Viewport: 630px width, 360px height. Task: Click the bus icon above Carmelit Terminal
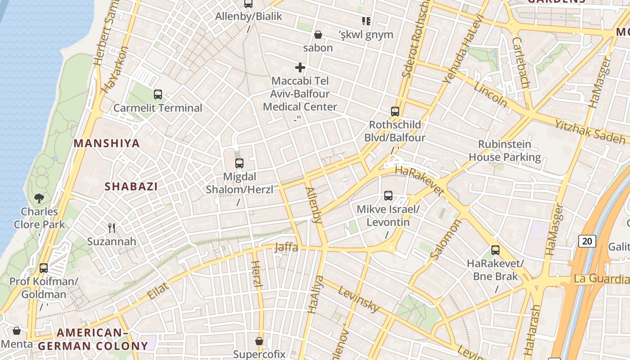157,94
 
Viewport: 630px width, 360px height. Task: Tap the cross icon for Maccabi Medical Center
300,68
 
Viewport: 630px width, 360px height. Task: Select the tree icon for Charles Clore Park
39,198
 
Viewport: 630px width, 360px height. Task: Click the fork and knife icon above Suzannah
112,228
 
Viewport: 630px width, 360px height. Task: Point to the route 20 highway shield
587,241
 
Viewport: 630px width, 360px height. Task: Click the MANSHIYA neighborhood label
107,144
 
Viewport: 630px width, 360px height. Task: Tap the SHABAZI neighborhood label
131,186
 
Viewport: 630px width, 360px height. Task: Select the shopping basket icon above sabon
318,35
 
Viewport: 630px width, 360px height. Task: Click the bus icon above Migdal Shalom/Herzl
239,163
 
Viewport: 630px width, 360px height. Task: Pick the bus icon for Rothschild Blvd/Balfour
395,112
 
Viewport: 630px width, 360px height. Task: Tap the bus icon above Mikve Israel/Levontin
388,196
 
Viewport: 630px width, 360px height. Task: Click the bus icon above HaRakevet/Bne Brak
495,250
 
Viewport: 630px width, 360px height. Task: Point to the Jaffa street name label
286,247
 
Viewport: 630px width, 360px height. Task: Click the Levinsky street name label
359,299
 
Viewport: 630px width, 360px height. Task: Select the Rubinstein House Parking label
504,151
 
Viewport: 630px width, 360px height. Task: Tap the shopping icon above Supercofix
259,341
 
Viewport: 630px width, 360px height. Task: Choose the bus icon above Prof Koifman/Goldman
44,268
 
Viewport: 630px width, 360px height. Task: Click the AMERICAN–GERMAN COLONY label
93,339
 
